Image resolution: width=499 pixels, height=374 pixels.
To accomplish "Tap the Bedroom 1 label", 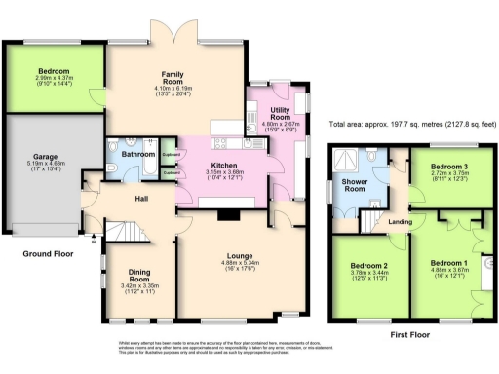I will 448,263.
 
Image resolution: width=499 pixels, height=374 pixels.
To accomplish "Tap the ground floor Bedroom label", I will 53,72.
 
